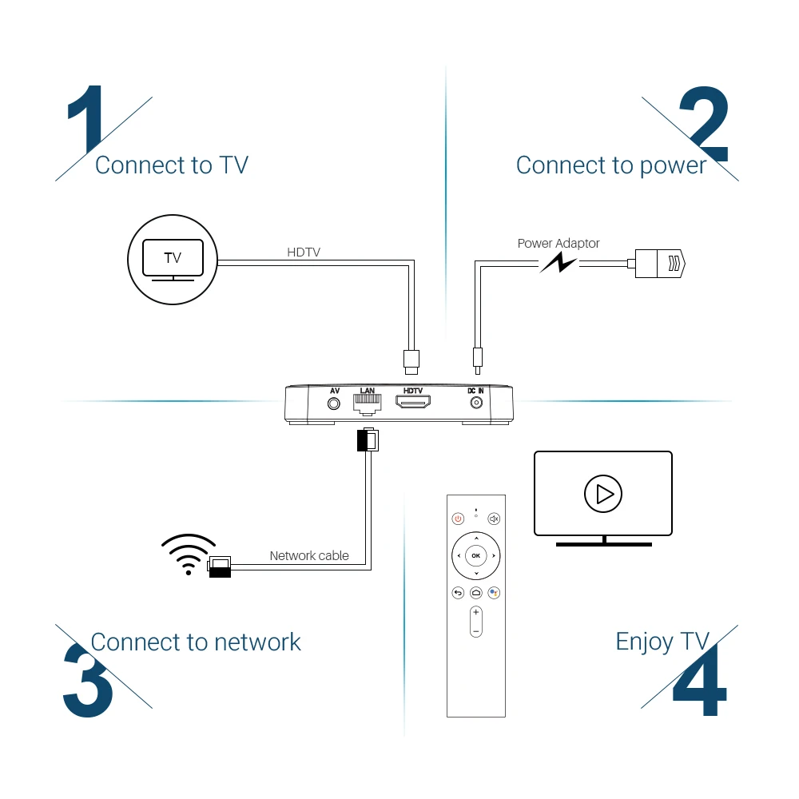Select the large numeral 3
point(88,679)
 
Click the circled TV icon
point(173,258)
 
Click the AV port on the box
point(335,403)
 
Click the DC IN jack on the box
point(476,403)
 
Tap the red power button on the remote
point(458,519)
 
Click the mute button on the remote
point(494,519)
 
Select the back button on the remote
point(458,593)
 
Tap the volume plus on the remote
point(476,613)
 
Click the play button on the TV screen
point(602,494)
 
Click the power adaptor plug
point(660,261)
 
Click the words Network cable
point(309,556)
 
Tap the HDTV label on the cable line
point(304,252)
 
